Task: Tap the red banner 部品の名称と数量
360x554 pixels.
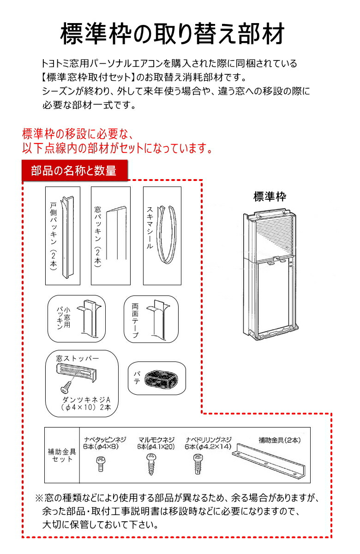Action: [x=73, y=170]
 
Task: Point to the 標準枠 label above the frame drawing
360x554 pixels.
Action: [x=270, y=196]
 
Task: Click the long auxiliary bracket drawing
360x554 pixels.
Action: [x=268, y=459]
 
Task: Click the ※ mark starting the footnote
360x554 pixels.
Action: [x=39, y=499]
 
